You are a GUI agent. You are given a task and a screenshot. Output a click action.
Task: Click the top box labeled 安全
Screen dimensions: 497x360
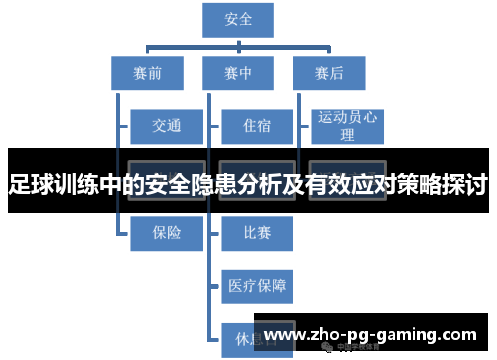pos(239,19)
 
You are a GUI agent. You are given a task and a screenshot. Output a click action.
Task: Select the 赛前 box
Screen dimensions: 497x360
pos(147,72)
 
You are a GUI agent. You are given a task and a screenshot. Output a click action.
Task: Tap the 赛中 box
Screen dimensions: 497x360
pos(239,72)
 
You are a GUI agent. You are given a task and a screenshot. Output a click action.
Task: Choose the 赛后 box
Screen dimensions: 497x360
pos(329,72)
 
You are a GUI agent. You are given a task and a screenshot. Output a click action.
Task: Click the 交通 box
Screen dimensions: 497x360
pos(167,126)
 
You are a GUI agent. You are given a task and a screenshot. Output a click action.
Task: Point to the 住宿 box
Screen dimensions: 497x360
pos(256,126)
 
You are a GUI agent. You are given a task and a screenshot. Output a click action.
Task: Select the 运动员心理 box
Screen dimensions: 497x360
pos(347,126)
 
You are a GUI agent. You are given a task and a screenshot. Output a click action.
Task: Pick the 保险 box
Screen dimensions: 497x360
pos(167,233)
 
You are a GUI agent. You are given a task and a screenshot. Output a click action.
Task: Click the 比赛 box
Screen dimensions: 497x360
pos(256,233)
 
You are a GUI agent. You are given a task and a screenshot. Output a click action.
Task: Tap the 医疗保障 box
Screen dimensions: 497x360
pos(256,286)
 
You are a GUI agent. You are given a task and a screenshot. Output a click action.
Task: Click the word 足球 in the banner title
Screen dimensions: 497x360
pos(28,184)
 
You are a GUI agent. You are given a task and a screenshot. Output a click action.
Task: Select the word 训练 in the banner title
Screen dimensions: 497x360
pos(73,184)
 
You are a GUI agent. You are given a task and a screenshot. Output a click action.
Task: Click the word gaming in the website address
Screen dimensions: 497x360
pos(404,334)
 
